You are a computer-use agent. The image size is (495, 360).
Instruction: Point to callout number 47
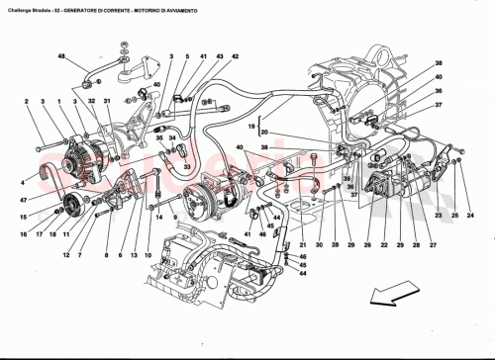(21, 200)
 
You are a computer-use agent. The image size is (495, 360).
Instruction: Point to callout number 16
(22, 234)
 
